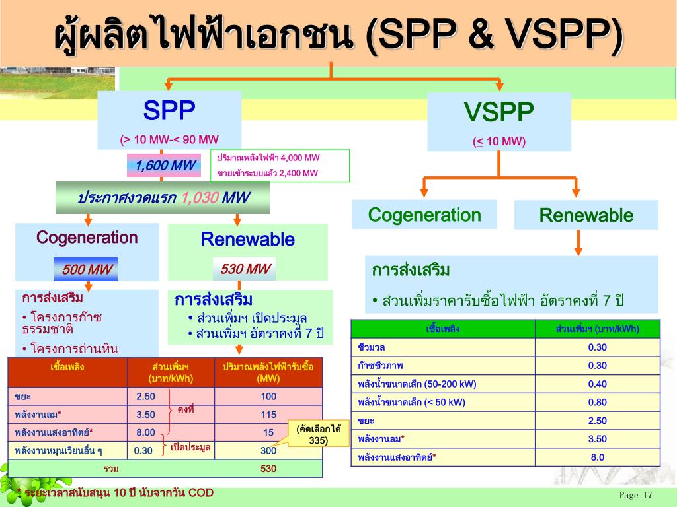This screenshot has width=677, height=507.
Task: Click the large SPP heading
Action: pyautogui.click(x=169, y=110)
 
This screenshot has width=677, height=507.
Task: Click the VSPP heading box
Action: pyautogui.click(x=498, y=121)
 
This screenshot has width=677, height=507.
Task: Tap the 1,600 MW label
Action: pyautogui.click(x=163, y=166)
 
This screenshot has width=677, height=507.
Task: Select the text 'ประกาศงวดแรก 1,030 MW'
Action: pyautogui.click(x=163, y=198)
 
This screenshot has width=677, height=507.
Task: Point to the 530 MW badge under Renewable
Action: pyautogui.click(x=244, y=269)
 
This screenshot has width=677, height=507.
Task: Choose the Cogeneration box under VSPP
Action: pyautogui.click(x=424, y=215)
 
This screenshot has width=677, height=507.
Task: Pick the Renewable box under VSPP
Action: pyautogui.click(x=586, y=215)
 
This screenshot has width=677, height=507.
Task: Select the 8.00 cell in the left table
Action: pyautogui.click(x=145, y=432)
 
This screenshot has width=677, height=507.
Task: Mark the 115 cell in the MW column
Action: pyautogui.click(x=268, y=415)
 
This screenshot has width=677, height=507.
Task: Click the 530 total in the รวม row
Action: pyautogui.click(x=268, y=469)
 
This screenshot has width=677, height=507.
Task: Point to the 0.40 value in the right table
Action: pyautogui.click(x=597, y=384)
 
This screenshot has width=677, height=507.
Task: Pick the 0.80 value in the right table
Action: pyautogui.click(x=597, y=402)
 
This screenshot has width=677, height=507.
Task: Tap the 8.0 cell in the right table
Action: pyautogui.click(x=597, y=457)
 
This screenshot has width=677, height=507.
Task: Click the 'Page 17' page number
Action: pyautogui.click(x=635, y=495)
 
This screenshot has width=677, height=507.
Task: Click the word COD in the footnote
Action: pyautogui.click(x=201, y=494)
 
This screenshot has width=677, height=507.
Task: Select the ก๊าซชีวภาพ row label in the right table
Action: pyautogui.click(x=380, y=366)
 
